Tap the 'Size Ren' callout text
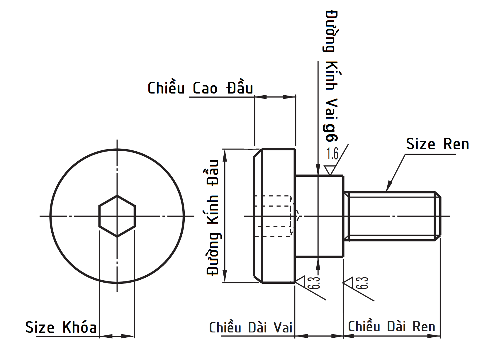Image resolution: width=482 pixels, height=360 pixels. tap(437, 144)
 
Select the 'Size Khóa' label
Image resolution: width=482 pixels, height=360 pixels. tap(61, 327)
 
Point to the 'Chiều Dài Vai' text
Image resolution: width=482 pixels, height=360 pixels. tap(251, 327)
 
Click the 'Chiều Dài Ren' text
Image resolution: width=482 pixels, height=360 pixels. tap(391, 326)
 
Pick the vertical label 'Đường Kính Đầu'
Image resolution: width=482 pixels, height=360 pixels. tap(213, 217)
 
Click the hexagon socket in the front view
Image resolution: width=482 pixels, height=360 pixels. tap(117, 216)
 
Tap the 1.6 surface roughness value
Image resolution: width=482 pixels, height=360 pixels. tap(332, 154)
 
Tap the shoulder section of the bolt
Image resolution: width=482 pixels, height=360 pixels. tap(319, 216)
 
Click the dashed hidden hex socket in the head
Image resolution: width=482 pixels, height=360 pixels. tap(274, 216)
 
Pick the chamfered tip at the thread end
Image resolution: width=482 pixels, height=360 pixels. tap(437, 216)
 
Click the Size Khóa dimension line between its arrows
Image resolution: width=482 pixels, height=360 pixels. tap(117, 336)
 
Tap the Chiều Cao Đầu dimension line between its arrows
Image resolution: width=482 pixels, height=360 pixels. tap(275, 97)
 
